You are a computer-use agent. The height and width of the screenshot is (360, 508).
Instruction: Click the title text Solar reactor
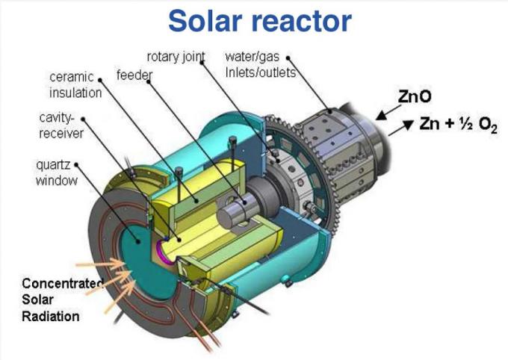point(260,21)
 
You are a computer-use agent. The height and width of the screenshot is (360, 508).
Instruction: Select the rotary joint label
point(176,57)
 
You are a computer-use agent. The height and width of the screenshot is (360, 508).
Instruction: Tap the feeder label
point(134,75)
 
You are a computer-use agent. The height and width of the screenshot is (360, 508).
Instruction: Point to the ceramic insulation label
point(75,85)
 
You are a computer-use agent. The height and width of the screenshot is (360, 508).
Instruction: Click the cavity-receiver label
point(61,125)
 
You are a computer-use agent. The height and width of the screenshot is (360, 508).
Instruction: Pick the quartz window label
point(57,173)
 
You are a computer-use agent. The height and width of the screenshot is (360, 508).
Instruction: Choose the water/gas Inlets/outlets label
point(261,64)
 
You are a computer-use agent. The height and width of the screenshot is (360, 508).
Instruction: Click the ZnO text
point(415,96)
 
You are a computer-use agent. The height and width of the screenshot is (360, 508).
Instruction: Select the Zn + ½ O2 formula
point(458,124)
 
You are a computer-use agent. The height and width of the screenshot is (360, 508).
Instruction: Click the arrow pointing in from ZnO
point(388,112)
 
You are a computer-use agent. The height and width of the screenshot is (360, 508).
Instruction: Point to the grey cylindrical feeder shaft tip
point(228,214)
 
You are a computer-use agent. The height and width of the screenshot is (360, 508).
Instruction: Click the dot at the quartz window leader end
point(138,241)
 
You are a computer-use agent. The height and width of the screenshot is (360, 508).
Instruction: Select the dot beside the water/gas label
point(288,58)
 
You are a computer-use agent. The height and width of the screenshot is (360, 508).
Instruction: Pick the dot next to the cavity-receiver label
point(83,120)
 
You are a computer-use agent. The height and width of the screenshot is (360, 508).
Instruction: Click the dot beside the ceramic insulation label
point(100,80)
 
